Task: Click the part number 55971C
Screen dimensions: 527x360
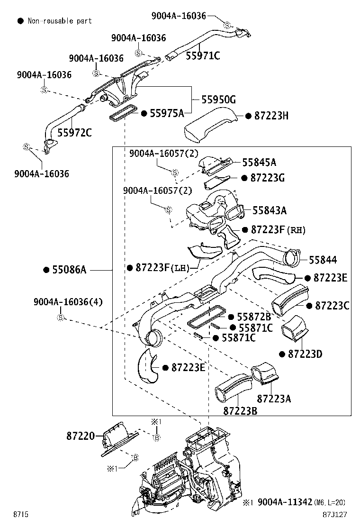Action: (x=203, y=56)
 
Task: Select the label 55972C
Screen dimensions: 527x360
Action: (x=74, y=132)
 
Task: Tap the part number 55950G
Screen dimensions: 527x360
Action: (x=218, y=100)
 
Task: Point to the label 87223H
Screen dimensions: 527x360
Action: (x=271, y=116)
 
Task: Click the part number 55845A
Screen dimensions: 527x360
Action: (x=259, y=163)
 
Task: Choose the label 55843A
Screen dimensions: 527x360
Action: (x=269, y=210)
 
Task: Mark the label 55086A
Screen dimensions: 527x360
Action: (x=69, y=270)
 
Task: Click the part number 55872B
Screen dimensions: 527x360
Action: (x=254, y=317)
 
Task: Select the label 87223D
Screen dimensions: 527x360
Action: (x=305, y=354)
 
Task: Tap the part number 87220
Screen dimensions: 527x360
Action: (x=80, y=436)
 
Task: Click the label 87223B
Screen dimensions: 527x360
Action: (x=240, y=410)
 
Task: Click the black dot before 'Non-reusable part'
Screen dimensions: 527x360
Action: (x=20, y=21)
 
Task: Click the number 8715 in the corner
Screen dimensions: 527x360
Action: (x=20, y=514)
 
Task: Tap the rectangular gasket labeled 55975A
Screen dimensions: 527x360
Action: (x=123, y=114)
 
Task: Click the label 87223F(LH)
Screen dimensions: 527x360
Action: (x=162, y=268)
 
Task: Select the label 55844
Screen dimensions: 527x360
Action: (x=323, y=260)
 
